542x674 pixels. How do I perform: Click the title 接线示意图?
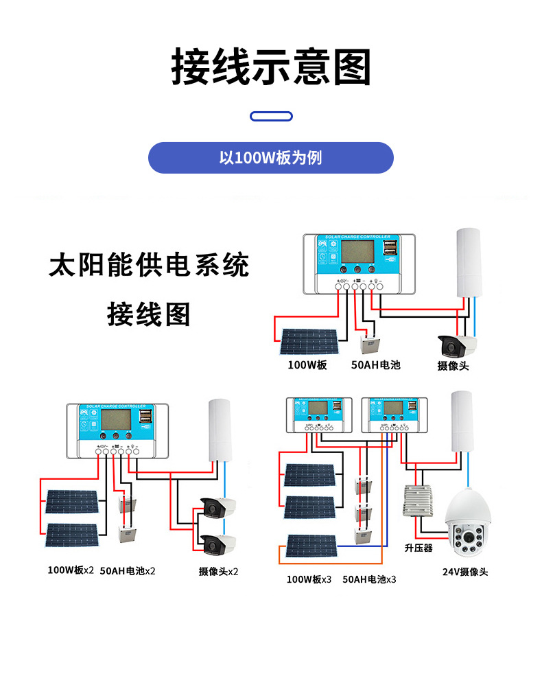pyautogui.click(x=271, y=67)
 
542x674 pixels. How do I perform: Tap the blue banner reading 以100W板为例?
pyautogui.click(x=271, y=158)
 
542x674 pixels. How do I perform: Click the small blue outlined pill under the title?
pyautogui.click(x=271, y=117)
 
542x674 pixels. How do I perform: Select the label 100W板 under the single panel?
pyautogui.click(x=307, y=365)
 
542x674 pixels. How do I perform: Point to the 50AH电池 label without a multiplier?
pyautogui.click(x=375, y=365)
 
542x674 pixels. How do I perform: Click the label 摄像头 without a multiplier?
pyautogui.click(x=453, y=366)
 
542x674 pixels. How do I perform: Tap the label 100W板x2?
pyautogui.click(x=71, y=570)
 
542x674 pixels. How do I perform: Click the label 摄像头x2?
pyautogui.click(x=218, y=571)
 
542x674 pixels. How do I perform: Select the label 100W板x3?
pyautogui.click(x=309, y=579)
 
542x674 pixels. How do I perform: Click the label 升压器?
pyautogui.click(x=419, y=548)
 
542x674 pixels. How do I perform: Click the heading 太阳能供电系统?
pyautogui.click(x=149, y=265)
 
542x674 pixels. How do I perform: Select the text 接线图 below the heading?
pyautogui.click(x=149, y=314)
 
